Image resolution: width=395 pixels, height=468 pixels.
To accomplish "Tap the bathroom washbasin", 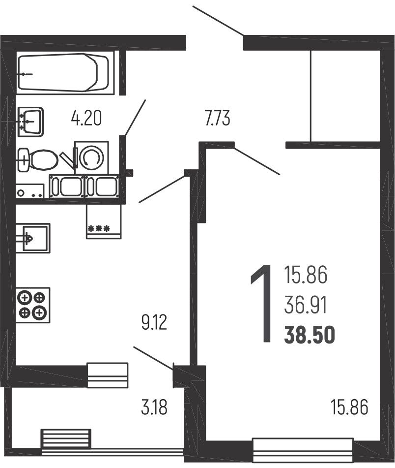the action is [x=31, y=122].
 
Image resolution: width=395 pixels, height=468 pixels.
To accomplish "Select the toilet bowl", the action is [x=38, y=160].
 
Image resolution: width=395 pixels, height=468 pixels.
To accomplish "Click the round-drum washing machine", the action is [x=91, y=157].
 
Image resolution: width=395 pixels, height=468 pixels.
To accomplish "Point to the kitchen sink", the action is [x=33, y=238].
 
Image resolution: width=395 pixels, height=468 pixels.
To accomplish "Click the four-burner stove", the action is [x=33, y=305].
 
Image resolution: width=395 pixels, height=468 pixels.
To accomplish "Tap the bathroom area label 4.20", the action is [x=86, y=118].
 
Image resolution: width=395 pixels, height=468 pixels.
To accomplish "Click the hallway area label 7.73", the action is [x=218, y=118].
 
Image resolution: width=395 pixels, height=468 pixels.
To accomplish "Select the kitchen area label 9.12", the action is [x=154, y=322].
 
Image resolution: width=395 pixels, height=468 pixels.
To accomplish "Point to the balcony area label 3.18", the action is [x=154, y=407].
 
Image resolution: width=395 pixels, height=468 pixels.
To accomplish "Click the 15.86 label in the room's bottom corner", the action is [x=350, y=407].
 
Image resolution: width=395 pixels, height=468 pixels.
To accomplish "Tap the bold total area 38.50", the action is [x=310, y=335].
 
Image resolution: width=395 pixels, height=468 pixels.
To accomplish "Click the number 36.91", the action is [x=306, y=305].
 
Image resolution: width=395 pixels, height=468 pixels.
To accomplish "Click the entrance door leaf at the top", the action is [x=218, y=20].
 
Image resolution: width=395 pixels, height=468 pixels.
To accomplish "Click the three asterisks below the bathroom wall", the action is [x=99, y=229].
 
